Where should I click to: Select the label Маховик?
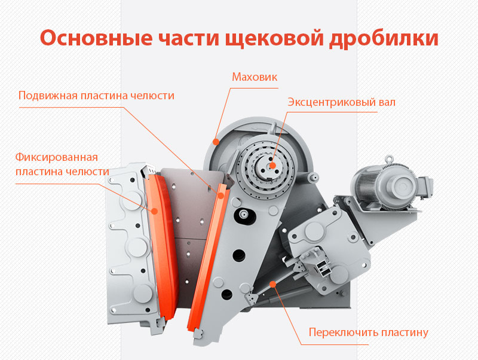pyautogui.click(x=255, y=77)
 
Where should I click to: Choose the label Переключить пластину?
pyautogui.click(x=369, y=332)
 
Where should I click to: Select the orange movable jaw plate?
pyautogui.click(x=206, y=257)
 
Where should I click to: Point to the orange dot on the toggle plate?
pyautogui.click(x=272, y=285)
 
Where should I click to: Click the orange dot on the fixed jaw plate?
pyautogui.click(x=154, y=210)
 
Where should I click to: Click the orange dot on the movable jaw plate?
pyautogui.click(x=220, y=195)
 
